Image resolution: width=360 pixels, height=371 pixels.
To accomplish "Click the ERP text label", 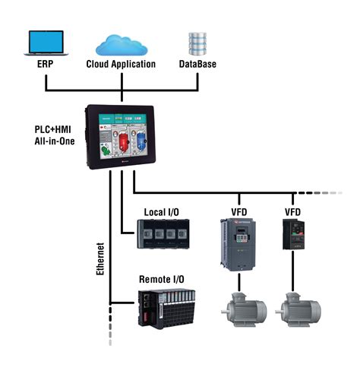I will (x=45, y=65).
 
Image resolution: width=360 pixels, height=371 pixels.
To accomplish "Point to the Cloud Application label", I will (x=122, y=65).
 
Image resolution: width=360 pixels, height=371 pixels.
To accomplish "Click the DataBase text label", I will (x=197, y=65).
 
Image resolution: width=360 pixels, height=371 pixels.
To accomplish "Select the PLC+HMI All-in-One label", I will (x=55, y=135).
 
